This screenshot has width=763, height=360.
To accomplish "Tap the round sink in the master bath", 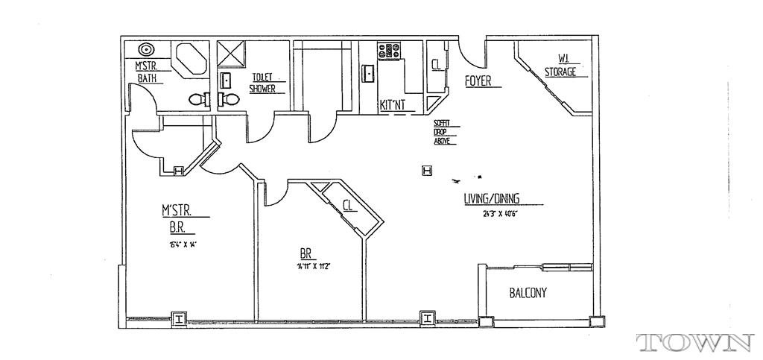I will coord(148,51).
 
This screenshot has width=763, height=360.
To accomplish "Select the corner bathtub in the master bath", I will coord(190,58).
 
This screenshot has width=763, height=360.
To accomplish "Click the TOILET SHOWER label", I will coord(262,82).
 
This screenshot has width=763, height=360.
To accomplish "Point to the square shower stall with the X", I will coord(232,54).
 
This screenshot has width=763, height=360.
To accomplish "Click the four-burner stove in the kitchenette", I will coord(390,51).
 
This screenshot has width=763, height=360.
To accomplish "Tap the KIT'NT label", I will coord(393,105).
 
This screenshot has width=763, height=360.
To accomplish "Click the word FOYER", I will coord(478,80).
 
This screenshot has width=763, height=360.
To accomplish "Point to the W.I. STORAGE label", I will coord(560,66).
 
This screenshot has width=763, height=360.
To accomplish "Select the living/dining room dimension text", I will coord(500,214).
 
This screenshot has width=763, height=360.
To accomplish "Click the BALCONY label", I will coord(528,293).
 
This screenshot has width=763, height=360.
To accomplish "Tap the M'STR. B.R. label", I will coord(176,220).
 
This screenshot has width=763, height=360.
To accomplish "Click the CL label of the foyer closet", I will coord(436,65).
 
